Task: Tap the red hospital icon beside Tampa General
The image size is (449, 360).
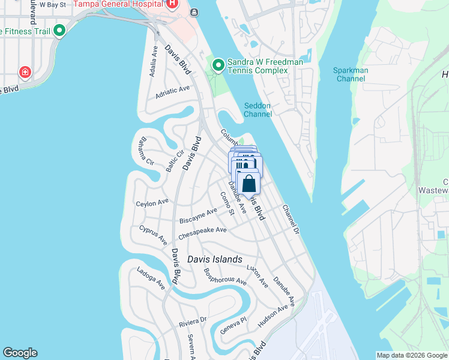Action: tap(172, 4)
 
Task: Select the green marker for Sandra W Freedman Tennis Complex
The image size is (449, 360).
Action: tap(218, 63)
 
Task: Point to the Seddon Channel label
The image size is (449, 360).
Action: tap(258, 110)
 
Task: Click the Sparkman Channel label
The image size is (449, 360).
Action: tap(351, 74)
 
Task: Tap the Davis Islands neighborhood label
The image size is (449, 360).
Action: tap(214, 260)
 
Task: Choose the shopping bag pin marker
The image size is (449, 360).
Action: tap(249, 184)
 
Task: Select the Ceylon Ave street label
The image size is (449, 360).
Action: tap(152, 203)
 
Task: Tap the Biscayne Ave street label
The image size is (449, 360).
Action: tap(198, 216)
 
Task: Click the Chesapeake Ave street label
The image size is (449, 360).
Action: tap(202, 230)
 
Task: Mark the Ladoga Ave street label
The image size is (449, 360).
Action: tap(150, 278)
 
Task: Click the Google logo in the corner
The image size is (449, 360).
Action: tap(20, 353)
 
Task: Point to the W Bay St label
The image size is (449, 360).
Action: tap(52, 5)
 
